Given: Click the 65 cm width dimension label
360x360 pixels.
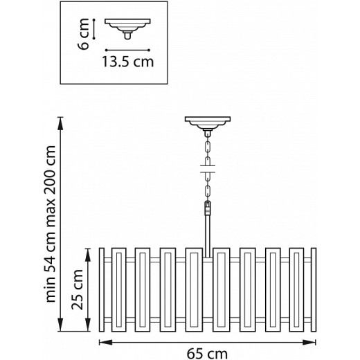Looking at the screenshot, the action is [207, 354].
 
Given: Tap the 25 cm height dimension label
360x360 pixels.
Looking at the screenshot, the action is [78, 289].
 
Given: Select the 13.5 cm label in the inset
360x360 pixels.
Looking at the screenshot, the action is [127, 62].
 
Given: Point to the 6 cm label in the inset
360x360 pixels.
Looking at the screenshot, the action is [83, 34].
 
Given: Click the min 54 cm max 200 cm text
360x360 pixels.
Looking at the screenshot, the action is [51, 224].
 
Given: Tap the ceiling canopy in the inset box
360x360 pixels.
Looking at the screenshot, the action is [127, 28].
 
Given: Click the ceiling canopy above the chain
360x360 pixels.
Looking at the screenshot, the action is [208, 124].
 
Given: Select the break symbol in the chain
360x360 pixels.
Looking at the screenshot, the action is [208, 169].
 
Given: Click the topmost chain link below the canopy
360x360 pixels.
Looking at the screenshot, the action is [208, 146].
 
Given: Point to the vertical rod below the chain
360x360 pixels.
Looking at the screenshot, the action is [208, 236].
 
